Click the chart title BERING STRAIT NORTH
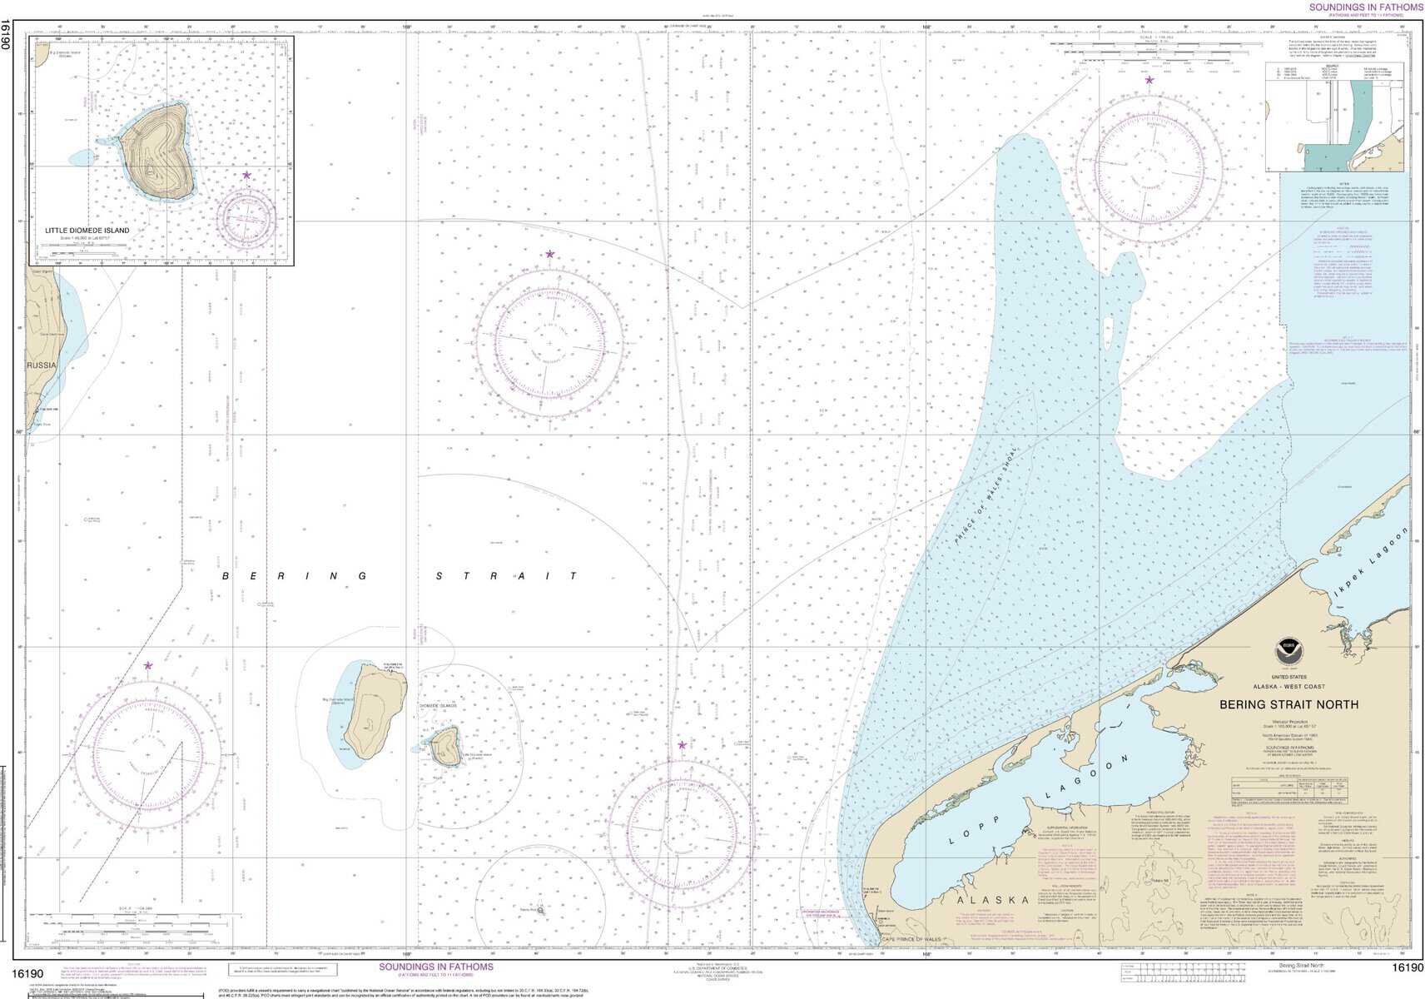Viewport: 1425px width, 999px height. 1288,704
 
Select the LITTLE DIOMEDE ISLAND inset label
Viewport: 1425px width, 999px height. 87,231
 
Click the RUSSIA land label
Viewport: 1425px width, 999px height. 42,365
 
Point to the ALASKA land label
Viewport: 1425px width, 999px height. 993,900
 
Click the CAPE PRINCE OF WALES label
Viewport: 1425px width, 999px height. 911,940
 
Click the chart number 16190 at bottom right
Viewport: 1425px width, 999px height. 1407,967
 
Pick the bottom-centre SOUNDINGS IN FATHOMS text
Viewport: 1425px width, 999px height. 436,967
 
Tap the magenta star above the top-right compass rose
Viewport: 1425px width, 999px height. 1149,81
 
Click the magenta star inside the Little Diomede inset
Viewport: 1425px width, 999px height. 246,175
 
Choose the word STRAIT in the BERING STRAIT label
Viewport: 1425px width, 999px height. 508,576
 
